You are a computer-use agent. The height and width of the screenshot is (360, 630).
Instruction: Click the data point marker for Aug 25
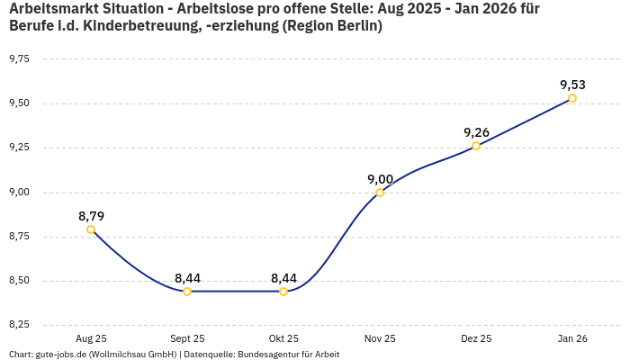[x=91, y=229]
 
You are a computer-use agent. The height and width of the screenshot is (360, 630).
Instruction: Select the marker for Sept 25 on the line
[x=187, y=292]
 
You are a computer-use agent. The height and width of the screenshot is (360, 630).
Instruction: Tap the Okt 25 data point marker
[x=283, y=292]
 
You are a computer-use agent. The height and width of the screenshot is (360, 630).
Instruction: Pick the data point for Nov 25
[x=380, y=193]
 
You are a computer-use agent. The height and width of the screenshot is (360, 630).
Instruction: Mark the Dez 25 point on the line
[x=476, y=146]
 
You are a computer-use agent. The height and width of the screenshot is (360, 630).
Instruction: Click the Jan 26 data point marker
[x=572, y=98]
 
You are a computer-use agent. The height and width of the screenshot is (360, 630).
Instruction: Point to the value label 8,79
[x=91, y=216]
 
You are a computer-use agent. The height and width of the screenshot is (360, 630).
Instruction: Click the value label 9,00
[x=380, y=179]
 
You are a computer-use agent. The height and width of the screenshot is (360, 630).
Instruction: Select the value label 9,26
[x=476, y=132]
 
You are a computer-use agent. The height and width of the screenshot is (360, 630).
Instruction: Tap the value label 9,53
[x=572, y=85]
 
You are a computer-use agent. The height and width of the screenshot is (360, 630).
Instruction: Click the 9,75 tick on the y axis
[x=19, y=58]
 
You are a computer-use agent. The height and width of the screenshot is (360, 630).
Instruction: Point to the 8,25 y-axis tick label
[x=19, y=324]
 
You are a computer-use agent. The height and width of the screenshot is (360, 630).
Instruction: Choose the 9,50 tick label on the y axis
[x=19, y=103]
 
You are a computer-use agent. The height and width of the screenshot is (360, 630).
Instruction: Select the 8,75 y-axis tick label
[x=19, y=236]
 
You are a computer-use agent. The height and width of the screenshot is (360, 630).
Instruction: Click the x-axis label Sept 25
[x=187, y=338]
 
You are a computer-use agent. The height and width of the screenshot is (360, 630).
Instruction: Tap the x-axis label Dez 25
[x=476, y=338]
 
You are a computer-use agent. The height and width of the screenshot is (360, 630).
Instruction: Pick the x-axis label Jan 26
[x=572, y=338]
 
